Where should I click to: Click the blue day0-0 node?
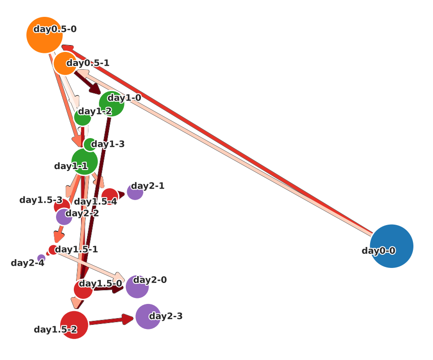392,246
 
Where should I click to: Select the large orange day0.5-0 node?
44,35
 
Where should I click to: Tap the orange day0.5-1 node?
65,63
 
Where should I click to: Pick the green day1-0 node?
112,104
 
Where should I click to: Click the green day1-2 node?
82,117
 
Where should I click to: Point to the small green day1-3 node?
90,144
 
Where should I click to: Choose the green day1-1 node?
84,161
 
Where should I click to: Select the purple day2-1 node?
135,192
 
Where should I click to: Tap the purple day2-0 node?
137,287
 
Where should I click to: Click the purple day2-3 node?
148,316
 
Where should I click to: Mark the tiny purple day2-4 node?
41,258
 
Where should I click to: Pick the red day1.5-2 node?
74,325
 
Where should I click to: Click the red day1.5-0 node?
83,289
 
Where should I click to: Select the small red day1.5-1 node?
53,250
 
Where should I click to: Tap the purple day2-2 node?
64,216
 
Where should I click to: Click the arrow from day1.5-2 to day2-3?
109,321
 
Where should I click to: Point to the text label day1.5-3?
41,200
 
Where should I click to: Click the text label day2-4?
27,263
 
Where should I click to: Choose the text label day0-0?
378,251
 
